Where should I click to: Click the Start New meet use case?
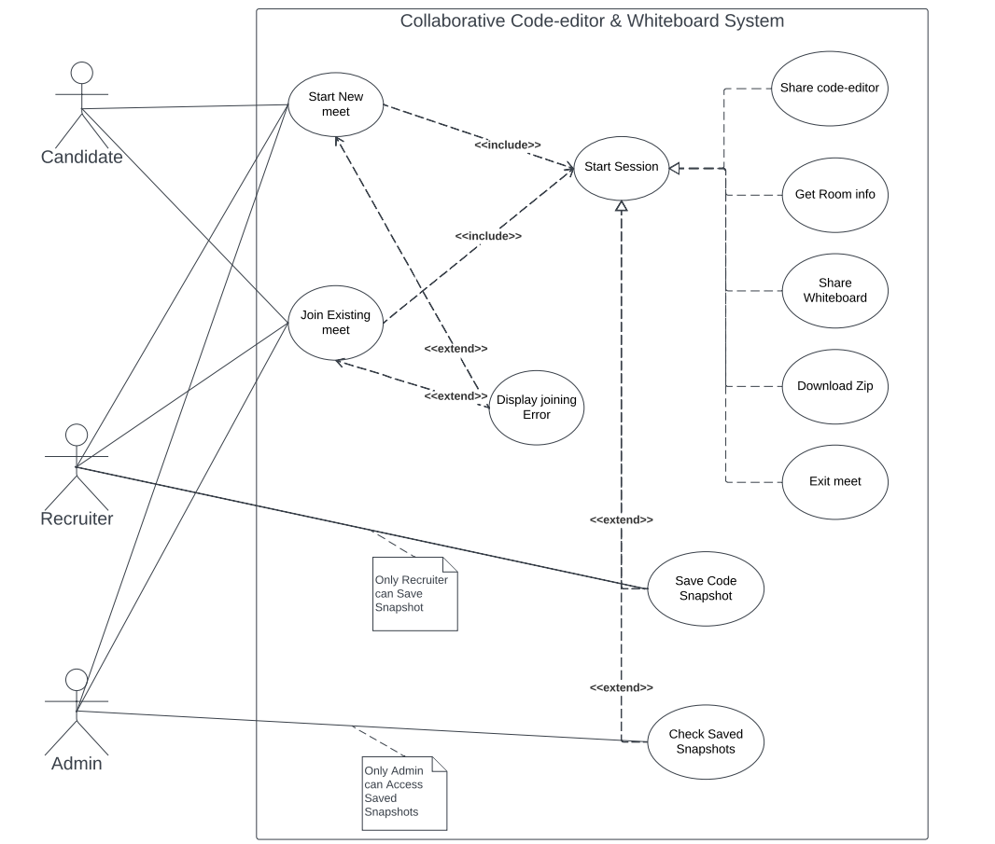[336, 104]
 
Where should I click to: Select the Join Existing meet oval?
[335, 323]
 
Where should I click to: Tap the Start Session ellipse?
[621, 167]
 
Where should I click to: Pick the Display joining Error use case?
[536, 408]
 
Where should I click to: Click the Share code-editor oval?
[829, 89]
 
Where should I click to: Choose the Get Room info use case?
[834, 195]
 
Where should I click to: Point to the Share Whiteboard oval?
[834, 290]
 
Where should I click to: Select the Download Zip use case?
[834, 386]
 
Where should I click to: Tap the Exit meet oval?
[834, 482]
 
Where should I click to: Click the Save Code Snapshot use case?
[706, 588]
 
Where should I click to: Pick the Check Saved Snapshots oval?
[706, 741]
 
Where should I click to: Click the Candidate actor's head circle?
[82, 73]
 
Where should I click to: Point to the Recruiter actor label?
[77, 519]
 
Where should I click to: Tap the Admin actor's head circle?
[77, 680]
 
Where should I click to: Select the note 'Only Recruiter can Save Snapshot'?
[414, 594]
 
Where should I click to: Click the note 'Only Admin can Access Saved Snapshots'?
[404, 793]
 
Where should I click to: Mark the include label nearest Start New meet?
[507, 145]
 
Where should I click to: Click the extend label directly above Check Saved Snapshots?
[621, 687]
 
